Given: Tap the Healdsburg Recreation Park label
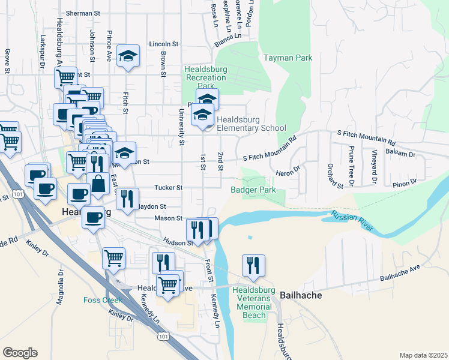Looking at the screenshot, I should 206,77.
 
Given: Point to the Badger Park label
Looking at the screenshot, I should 253,190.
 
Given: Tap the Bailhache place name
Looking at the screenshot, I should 301,295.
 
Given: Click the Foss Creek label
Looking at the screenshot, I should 103,300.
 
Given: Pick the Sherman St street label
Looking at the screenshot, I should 83,13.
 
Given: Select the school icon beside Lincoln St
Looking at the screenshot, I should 128,56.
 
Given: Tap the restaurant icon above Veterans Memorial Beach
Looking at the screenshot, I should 253,265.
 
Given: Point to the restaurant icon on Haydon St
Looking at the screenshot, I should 127,199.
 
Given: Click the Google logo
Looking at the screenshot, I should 20,353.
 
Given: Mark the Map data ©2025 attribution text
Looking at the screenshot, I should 423,355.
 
